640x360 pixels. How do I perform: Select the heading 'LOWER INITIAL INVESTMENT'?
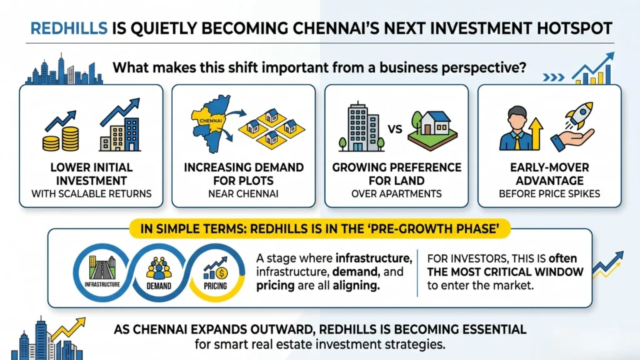coord(92,174)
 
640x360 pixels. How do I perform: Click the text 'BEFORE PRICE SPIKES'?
coord(551,194)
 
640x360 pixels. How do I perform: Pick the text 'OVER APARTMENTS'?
coord(397,194)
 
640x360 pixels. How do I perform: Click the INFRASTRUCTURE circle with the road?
coord(101,269)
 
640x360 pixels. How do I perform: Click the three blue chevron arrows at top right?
coord(553,77)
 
